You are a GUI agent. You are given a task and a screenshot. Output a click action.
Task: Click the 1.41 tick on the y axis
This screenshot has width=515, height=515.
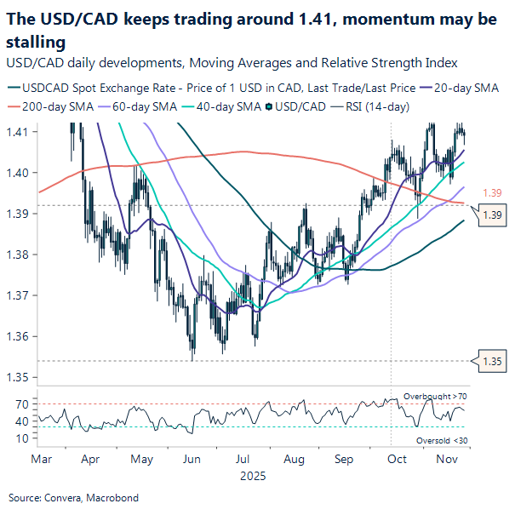[18, 132]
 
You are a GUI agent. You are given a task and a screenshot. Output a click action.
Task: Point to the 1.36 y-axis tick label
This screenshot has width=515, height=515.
[18, 336]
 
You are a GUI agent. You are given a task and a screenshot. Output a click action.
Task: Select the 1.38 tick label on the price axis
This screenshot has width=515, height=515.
[18, 255]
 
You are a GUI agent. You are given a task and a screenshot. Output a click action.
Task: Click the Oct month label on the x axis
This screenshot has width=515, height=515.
[396, 460]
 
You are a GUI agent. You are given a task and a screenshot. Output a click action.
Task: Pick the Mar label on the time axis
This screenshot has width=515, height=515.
[40, 460]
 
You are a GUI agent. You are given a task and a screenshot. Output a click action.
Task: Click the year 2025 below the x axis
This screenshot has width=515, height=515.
[253, 476]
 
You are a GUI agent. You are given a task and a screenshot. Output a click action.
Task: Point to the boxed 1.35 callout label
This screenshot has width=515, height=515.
[493, 360]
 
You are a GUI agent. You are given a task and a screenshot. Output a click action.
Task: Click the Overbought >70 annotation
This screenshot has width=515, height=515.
[436, 398]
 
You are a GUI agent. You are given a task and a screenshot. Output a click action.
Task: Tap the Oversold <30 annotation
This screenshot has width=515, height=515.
[442, 439]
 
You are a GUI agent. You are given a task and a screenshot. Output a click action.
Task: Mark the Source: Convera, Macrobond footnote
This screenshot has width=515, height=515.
[73, 497]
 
